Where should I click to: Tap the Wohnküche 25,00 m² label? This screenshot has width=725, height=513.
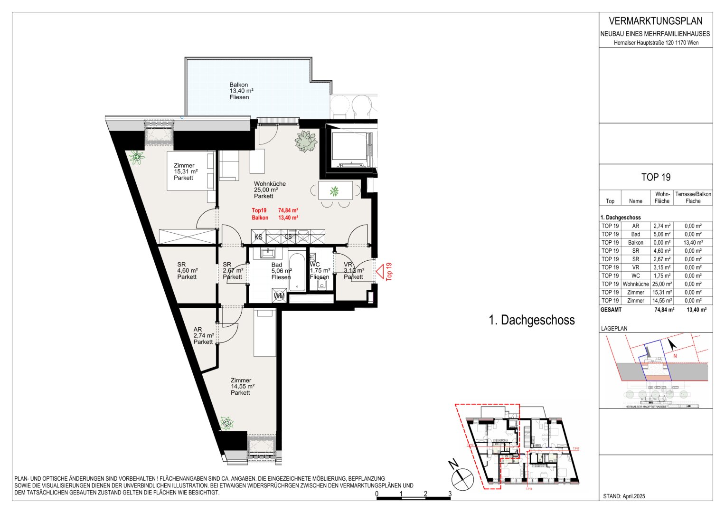[269, 190]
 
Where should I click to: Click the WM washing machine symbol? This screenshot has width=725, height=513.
[279, 296]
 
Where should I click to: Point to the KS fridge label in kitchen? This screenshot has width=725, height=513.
[258, 237]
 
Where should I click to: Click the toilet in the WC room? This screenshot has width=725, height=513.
[322, 284]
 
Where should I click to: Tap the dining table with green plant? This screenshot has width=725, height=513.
[335, 191]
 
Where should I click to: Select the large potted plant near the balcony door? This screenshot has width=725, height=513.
[305, 142]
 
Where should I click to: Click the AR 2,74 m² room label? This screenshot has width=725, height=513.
[203, 335]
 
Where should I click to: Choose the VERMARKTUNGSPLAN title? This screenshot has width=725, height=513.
[655, 21]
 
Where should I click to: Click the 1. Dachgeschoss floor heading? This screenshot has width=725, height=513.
[531, 320]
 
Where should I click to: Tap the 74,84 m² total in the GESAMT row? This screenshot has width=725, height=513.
[664, 309]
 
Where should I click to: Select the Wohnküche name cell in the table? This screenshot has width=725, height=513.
[635, 284]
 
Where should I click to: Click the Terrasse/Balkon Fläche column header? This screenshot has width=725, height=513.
[693, 198]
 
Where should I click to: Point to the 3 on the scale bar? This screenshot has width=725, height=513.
[449, 494]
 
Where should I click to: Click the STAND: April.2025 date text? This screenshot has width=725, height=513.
[624, 496]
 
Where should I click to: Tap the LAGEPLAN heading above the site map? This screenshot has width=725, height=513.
[614, 328]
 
